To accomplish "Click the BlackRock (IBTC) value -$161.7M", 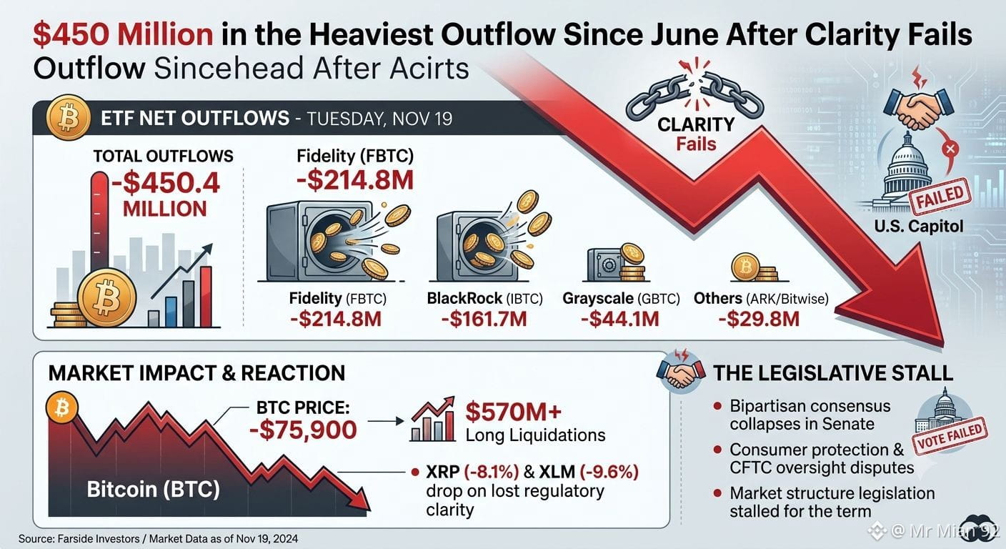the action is coord(484,319).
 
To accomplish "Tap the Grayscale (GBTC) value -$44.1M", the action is coord(619,319).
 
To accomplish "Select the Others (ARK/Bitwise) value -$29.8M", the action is coord(759,319).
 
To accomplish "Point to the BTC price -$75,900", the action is coord(303,430).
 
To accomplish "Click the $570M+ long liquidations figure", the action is coord(513,411).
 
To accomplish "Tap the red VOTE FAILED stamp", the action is coord(952,436).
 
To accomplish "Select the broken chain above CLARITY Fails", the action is coord(694,96).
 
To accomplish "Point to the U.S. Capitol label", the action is coord(919,225).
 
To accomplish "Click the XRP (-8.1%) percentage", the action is coord(492,472).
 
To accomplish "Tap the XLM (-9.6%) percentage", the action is coord(609,472).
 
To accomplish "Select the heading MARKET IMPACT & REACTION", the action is coord(196,373).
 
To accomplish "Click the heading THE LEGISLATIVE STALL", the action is coord(833,373).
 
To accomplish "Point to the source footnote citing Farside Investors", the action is coord(158,539).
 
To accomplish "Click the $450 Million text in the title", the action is coord(123,34).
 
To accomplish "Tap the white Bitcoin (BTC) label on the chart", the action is coord(153,489).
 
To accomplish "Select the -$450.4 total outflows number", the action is coord(165,183).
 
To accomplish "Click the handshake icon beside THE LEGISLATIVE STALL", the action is coord(680,373).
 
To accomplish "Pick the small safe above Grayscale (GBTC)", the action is coord(605,265).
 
